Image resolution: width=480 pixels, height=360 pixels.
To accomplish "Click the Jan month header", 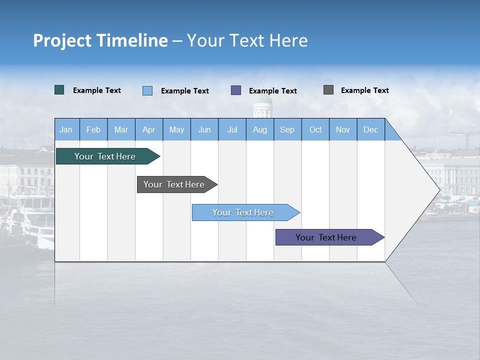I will point(66,129).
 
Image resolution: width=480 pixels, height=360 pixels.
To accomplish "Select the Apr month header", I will point(149,129).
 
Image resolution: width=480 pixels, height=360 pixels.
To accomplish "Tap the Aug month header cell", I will point(259,129).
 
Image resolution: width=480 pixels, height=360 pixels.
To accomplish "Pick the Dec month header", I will point(370,129).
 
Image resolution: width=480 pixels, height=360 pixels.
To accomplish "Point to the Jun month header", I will point(204,129).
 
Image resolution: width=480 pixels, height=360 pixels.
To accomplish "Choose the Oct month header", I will point(315,129).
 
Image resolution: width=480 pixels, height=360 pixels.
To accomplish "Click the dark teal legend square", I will point(59,90).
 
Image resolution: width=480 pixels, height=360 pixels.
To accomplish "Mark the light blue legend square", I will point(147,90).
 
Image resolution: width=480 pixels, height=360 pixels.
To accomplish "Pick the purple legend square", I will point(236,90).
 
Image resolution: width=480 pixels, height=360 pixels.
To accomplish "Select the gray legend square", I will point(328,90).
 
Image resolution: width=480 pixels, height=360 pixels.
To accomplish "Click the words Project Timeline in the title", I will point(100,40).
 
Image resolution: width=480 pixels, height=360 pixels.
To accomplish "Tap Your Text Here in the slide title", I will point(247,40).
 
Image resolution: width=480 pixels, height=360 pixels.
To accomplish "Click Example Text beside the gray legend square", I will point(364,90).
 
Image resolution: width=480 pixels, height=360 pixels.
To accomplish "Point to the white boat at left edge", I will point(35,220).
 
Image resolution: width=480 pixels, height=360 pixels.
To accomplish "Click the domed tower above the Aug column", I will point(262,106).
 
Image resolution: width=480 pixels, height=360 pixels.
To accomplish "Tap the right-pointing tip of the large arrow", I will point(438,189).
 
